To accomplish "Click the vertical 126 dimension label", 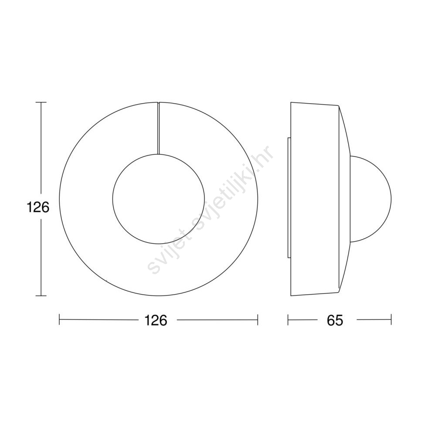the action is click(38, 207).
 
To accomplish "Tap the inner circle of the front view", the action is click(113, 199).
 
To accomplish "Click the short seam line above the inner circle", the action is click(158, 128).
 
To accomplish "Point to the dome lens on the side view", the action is click(391, 199).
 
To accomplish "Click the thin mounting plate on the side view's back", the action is click(289, 198).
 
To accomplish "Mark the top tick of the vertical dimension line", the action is click(41, 102).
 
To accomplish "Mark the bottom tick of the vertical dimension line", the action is click(41, 295).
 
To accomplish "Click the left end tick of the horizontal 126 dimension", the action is click(59, 320).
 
